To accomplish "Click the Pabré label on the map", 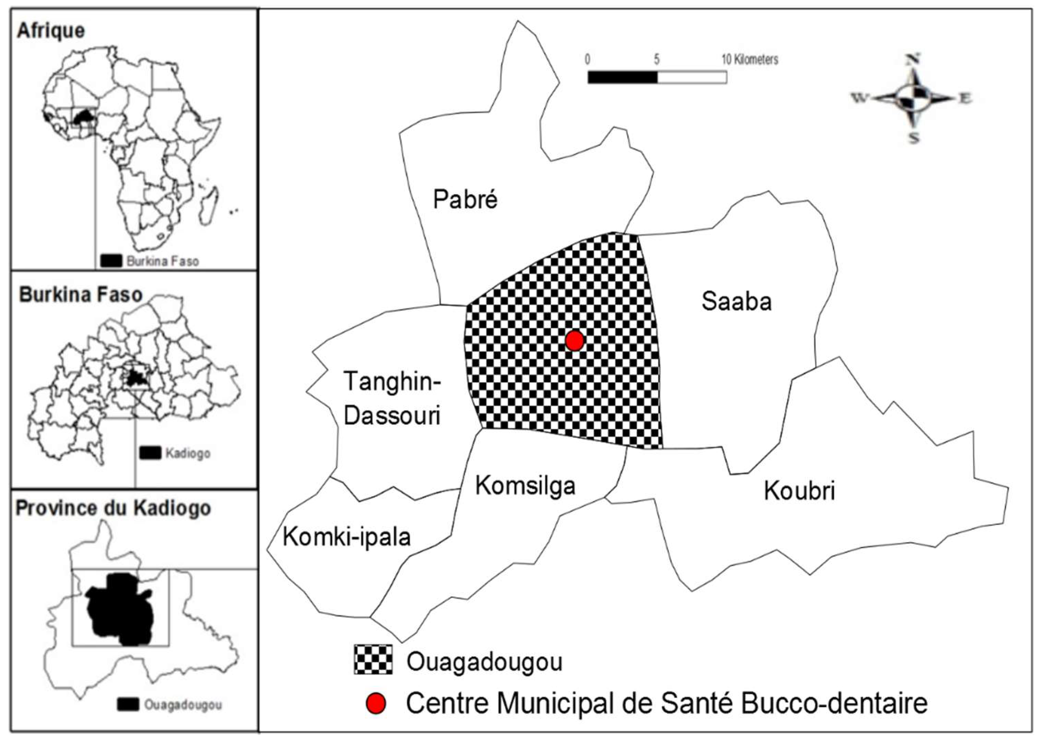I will [465, 200].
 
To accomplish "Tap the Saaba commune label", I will [736, 301].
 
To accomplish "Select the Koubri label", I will [799, 491].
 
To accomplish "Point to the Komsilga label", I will [525, 485].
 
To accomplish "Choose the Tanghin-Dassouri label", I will [391, 398].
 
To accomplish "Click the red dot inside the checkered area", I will [574, 341].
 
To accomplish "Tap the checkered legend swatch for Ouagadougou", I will [373, 659].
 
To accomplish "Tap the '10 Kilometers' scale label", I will [750, 60].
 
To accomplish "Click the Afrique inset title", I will [50, 31].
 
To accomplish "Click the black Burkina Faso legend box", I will [111, 261].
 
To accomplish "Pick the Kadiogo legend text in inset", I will [188, 454].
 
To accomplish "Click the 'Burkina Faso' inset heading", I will [81, 294].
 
